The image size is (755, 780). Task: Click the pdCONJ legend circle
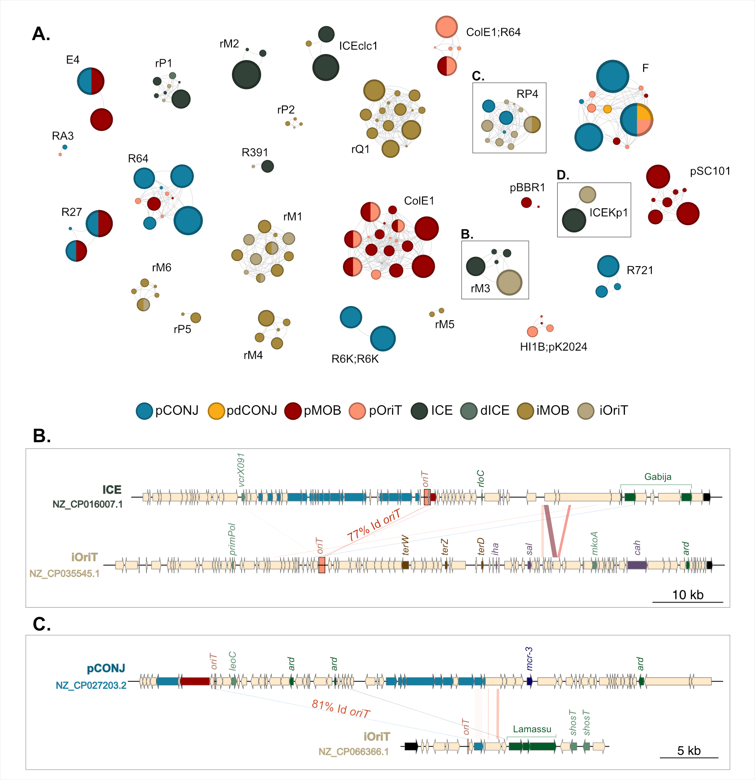(x=216, y=411)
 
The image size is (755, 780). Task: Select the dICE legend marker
(x=469, y=411)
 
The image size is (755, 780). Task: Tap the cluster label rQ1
(x=360, y=149)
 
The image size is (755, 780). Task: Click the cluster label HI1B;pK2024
(x=554, y=347)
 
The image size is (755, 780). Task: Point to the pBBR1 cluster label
(x=527, y=187)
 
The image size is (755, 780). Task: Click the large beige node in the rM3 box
(x=509, y=282)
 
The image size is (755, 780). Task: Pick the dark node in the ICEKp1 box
(x=574, y=220)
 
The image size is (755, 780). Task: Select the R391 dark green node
(x=267, y=166)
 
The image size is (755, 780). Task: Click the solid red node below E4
(x=101, y=120)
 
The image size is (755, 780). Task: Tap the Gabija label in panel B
(x=658, y=477)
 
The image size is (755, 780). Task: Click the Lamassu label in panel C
(x=532, y=729)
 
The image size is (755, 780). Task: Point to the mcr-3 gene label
(x=529, y=659)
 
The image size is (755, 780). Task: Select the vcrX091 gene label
(x=242, y=469)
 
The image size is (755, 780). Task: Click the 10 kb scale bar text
(x=688, y=595)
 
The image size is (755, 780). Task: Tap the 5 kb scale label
(x=689, y=750)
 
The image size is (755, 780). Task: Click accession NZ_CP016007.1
(x=87, y=504)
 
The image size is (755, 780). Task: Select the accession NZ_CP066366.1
(x=353, y=751)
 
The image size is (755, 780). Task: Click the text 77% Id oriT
(x=373, y=525)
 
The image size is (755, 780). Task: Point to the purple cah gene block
(x=637, y=565)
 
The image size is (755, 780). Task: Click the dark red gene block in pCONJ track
(x=195, y=681)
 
